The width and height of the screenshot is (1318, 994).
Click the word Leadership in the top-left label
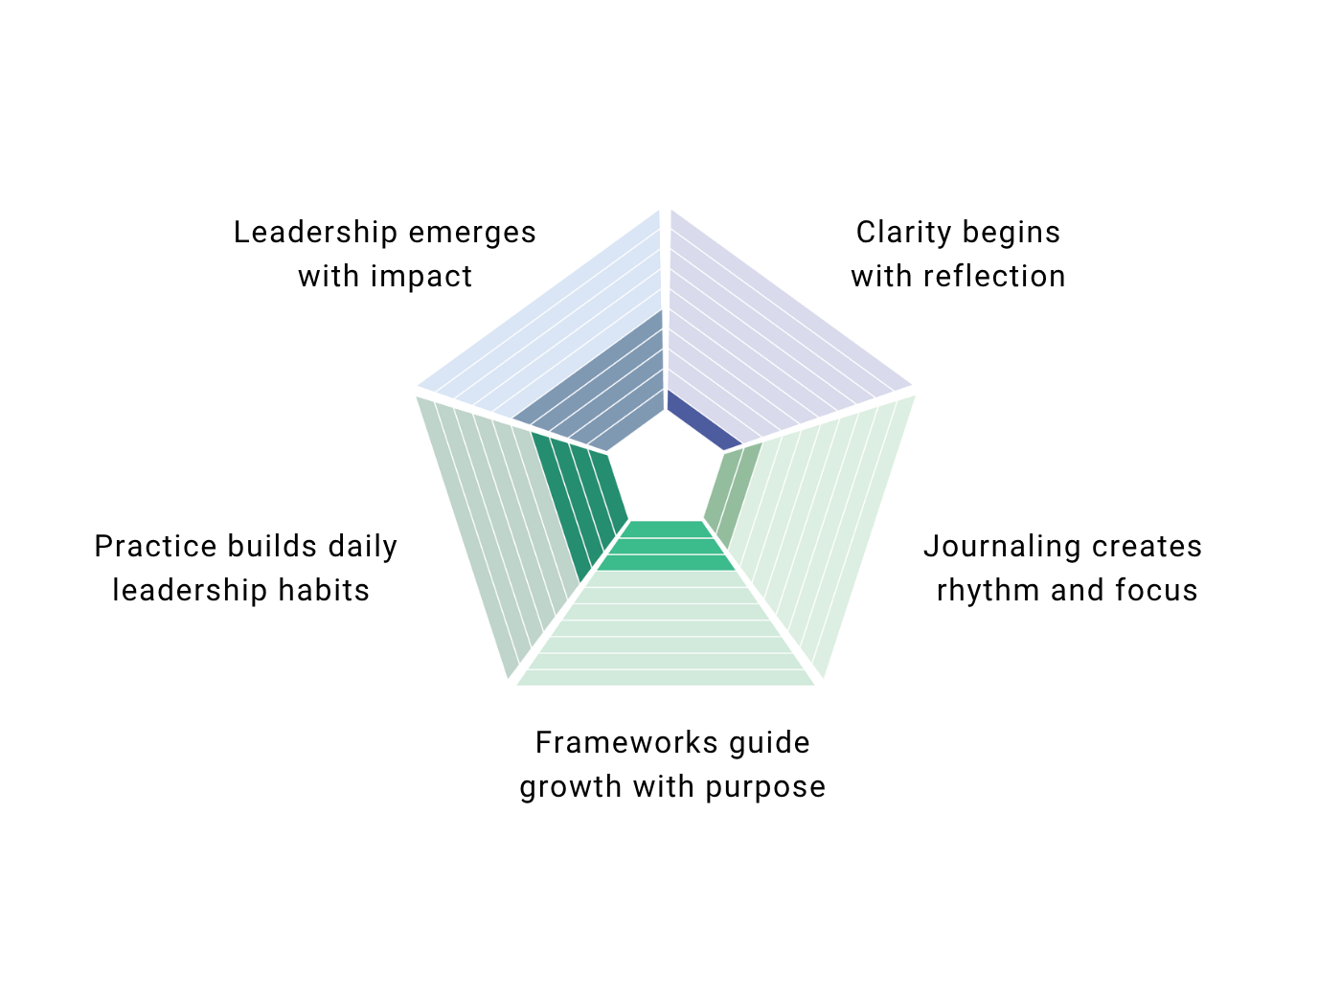[x=315, y=233]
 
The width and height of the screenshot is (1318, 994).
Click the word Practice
[x=156, y=547]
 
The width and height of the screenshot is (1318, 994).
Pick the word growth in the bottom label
[x=558, y=787]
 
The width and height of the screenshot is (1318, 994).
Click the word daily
[x=362, y=547]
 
